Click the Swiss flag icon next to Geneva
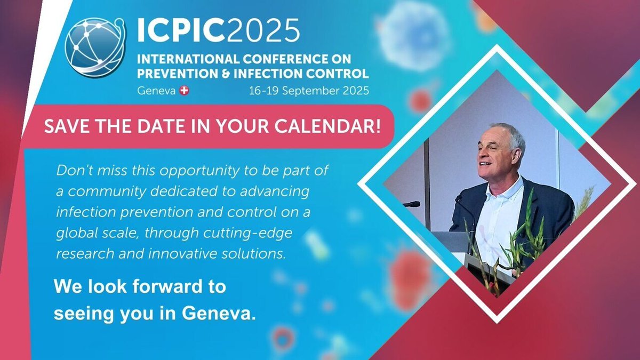click(x=185, y=91)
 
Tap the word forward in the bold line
click(x=159, y=286)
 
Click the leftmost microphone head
click(x=413, y=204)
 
